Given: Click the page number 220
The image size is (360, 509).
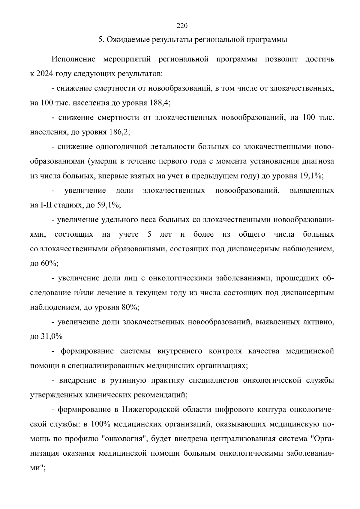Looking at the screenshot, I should (182, 26).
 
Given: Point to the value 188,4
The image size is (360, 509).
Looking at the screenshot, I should (159, 103).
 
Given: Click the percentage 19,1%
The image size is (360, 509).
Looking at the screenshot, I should (310, 176).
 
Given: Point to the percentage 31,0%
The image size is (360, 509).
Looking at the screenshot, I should (51, 337).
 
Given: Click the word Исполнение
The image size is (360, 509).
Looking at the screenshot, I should (73, 59).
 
